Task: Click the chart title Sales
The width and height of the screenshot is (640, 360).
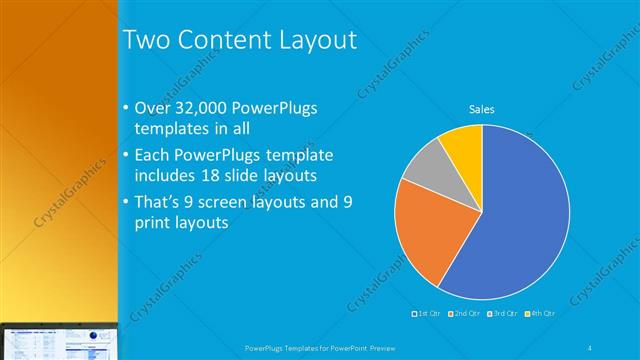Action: tap(482, 110)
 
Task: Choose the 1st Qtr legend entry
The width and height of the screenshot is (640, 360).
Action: tap(427, 313)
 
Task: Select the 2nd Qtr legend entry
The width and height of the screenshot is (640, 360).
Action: tap(465, 313)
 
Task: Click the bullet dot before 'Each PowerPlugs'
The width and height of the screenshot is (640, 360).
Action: tap(125, 156)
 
